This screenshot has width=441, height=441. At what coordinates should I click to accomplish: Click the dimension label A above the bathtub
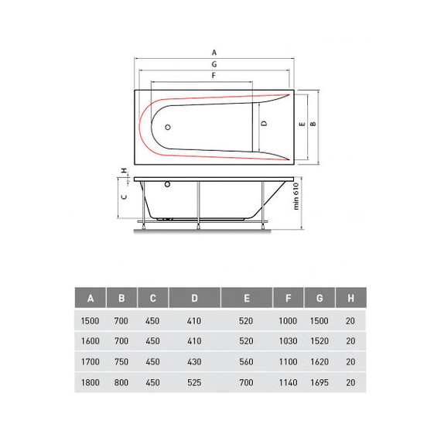click(214, 53)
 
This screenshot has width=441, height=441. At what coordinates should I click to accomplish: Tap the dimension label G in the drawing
click(214, 64)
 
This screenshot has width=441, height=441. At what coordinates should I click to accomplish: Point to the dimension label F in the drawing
click(214, 75)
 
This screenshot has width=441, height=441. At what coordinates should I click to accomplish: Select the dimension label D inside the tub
click(264, 124)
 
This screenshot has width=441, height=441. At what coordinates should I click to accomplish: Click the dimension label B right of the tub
click(313, 124)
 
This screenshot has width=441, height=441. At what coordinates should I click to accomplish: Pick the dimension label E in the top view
click(303, 124)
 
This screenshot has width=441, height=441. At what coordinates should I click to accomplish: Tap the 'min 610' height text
click(296, 197)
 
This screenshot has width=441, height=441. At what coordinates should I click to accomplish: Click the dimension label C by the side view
click(124, 197)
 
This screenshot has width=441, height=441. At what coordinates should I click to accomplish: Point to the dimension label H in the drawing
click(124, 170)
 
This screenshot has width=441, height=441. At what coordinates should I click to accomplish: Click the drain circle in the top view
click(168, 127)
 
